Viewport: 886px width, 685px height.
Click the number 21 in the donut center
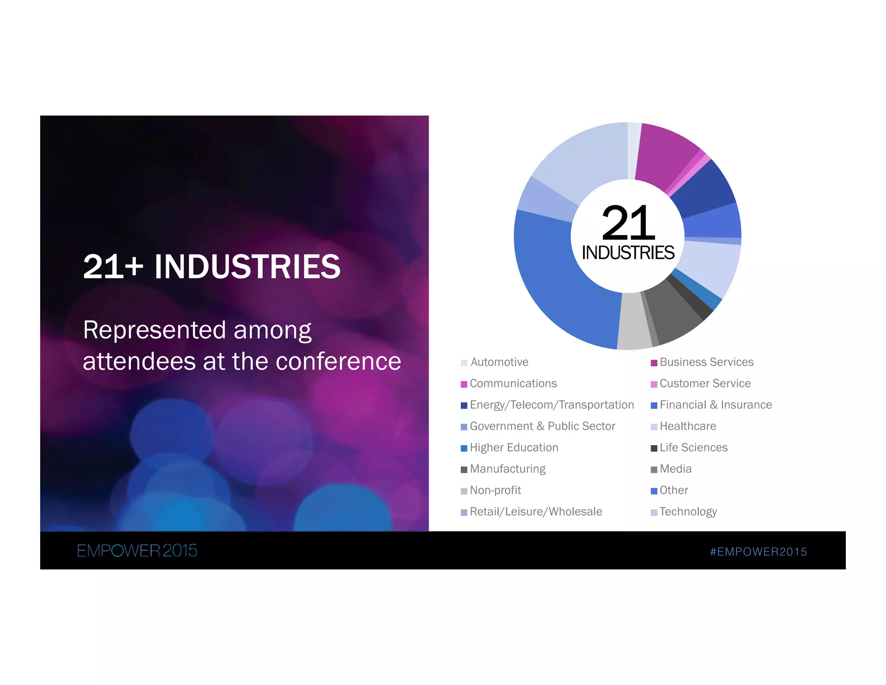click(x=628, y=223)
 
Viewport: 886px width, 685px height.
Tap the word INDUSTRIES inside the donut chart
click(x=628, y=253)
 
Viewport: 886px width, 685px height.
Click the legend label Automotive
click(x=499, y=362)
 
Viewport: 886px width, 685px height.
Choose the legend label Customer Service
click(x=705, y=384)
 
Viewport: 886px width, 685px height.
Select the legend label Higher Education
click(x=514, y=448)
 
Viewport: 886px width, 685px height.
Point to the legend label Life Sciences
click(x=693, y=448)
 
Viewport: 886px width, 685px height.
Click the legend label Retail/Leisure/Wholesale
click(x=536, y=512)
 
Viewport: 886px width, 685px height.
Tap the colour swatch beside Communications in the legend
click(x=464, y=384)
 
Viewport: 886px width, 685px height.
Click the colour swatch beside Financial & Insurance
click(x=654, y=405)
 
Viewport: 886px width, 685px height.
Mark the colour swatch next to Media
click(x=654, y=469)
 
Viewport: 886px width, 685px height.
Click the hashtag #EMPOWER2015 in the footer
click(x=758, y=552)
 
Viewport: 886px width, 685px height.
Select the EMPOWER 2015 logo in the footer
click(x=137, y=551)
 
